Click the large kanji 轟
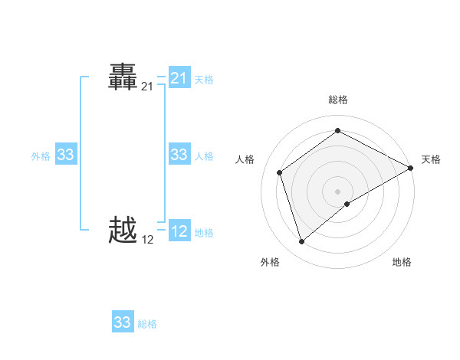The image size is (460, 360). click(123, 78)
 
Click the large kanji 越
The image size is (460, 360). click(123, 230)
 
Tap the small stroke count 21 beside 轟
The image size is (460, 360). click(147, 87)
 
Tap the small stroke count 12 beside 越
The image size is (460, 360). click(147, 240)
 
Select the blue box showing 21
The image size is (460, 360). click(179, 78)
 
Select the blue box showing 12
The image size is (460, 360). click(179, 231)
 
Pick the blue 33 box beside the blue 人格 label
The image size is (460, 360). click(179, 155)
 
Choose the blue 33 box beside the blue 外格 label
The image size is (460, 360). click(66, 155)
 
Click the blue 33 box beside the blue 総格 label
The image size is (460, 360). click(123, 322)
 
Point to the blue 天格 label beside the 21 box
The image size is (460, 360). click(204, 79)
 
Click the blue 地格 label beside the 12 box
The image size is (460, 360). click(204, 233)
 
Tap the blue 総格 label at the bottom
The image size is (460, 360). click(147, 324)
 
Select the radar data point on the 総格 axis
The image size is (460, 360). click(337, 130)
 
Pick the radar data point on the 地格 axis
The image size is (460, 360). click(347, 204)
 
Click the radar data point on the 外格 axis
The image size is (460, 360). click(301, 242)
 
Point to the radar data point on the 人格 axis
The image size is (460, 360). click(280, 172)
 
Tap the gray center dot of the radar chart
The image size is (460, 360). click(337, 191)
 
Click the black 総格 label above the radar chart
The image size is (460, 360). click(337, 100)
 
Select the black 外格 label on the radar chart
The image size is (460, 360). click(270, 263)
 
